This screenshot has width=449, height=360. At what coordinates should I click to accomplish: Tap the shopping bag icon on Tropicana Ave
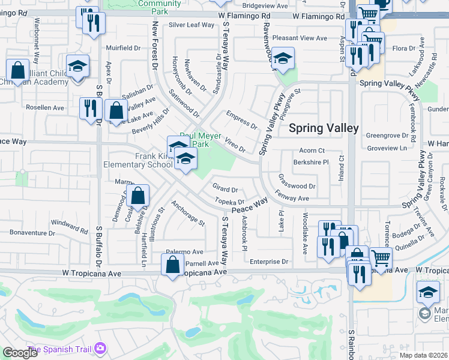[173, 265]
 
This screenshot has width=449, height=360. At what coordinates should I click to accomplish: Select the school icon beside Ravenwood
[283, 58]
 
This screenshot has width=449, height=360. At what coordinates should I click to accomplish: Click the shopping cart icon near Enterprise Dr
[380, 258]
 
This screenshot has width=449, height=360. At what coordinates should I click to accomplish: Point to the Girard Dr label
[225, 189]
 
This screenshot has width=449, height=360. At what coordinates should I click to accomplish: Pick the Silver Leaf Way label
[191, 25]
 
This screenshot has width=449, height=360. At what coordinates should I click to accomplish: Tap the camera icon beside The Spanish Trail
[100, 348]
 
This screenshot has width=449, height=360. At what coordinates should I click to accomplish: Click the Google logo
[20, 352]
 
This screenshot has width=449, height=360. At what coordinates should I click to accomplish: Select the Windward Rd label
[69, 224]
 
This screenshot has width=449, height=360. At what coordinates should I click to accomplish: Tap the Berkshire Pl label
[311, 162]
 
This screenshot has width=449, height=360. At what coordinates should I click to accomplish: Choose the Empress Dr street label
[241, 120]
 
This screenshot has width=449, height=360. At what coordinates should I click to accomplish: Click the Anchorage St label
[188, 214]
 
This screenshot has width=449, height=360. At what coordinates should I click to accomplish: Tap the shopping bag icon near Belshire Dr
[138, 196]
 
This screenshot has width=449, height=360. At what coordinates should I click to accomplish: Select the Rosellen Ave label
[44, 107]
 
